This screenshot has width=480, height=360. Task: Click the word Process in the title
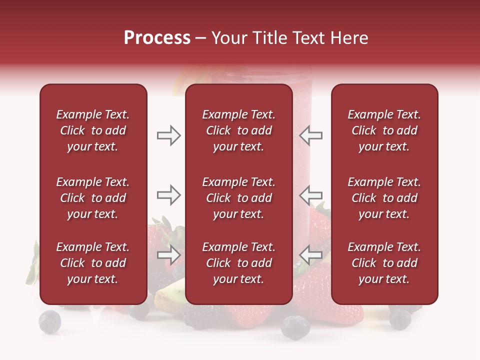click(x=157, y=38)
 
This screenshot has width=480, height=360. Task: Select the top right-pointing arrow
click(x=168, y=135)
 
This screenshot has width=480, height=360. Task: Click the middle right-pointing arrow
click(x=168, y=195)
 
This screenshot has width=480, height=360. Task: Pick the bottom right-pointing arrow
click(x=168, y=255)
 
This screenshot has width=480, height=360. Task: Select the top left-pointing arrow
click(x=310, y=135)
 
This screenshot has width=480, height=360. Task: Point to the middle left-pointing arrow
click(x=310, y=195)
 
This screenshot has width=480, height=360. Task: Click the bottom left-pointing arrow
click(x=310, y=255)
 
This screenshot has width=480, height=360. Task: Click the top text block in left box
click(x=93, y=130)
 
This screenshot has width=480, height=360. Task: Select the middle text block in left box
click(x=93, y=198)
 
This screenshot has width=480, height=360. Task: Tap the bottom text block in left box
click(x=93, y=263)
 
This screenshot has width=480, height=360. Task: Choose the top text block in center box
click(x=238, y=130)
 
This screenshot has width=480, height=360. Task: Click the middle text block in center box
click(x=238, y=198)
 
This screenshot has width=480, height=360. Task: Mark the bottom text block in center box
click(x=238, y=263)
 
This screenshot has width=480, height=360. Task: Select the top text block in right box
click(x=384, y=130)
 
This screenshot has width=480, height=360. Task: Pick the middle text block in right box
click(x=384, y=198)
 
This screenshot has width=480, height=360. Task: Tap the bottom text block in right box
click(x=384, y=263)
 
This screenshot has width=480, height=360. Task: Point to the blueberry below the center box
click(x=295, y=327)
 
